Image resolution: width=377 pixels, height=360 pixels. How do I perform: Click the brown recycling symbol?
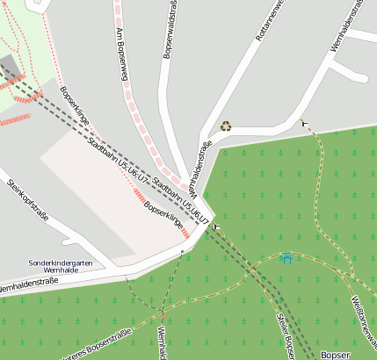pos(226,126)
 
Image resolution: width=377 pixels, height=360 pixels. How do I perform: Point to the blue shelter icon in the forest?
pos(286,259)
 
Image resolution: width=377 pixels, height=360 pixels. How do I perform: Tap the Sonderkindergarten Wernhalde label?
pos(58,266)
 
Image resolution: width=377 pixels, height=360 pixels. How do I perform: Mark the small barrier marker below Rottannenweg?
pos(304,123)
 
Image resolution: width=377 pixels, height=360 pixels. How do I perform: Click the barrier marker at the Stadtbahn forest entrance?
pos(216,227)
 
